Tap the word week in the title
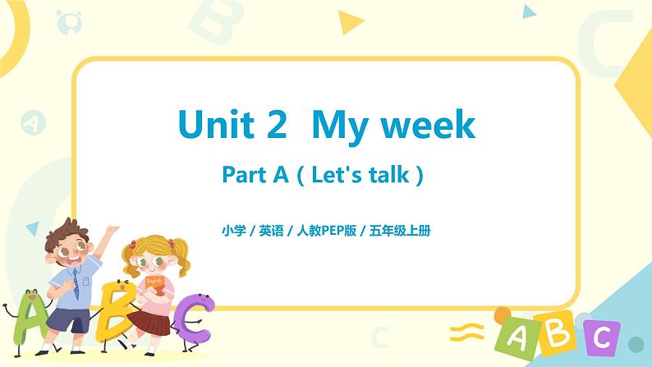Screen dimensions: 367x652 click(x=431, y=126)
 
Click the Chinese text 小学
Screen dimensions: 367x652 click(x=234, y=231)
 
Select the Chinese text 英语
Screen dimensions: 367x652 click(x=272, y=231)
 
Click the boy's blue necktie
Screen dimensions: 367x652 click(x=74, y=284)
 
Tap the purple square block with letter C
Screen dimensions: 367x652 click(x=601, y=337)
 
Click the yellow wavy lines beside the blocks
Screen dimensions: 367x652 click(x=464, y=333)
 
